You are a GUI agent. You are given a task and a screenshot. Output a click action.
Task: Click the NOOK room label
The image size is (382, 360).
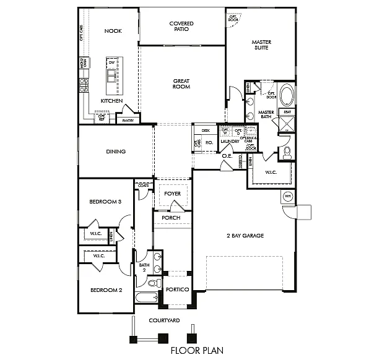[x=112, y=30]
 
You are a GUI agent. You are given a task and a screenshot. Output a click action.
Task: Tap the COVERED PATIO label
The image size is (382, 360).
[x=181, y=27]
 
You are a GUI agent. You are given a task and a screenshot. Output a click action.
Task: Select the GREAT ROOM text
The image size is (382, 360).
[x=181, y=84]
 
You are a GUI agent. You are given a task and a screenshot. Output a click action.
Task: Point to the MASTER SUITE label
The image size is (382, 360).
[x=261, y=45]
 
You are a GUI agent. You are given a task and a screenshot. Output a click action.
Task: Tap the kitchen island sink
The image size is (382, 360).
[x=112, y=75]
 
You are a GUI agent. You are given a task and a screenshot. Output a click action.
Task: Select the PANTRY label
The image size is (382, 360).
[x=128, y=121]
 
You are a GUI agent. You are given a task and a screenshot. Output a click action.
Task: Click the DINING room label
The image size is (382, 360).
[x=116, y=152]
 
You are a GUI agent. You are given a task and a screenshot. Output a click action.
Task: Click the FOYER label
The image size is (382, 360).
[x=173, y=194]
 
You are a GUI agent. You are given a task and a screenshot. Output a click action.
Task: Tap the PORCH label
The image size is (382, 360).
[x=171, y=218]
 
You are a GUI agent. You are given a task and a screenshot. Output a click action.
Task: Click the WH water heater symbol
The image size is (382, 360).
[x=287, y=196]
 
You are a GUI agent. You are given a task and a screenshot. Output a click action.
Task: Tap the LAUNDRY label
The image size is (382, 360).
[x=230, y=142]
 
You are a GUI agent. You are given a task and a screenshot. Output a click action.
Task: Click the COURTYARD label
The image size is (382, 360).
[x=164, y=320]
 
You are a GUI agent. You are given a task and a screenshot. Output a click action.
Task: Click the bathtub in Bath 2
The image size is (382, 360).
[x=147, y=298]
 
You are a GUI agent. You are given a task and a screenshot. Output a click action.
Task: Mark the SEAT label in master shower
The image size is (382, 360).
[x=287, y=112]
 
